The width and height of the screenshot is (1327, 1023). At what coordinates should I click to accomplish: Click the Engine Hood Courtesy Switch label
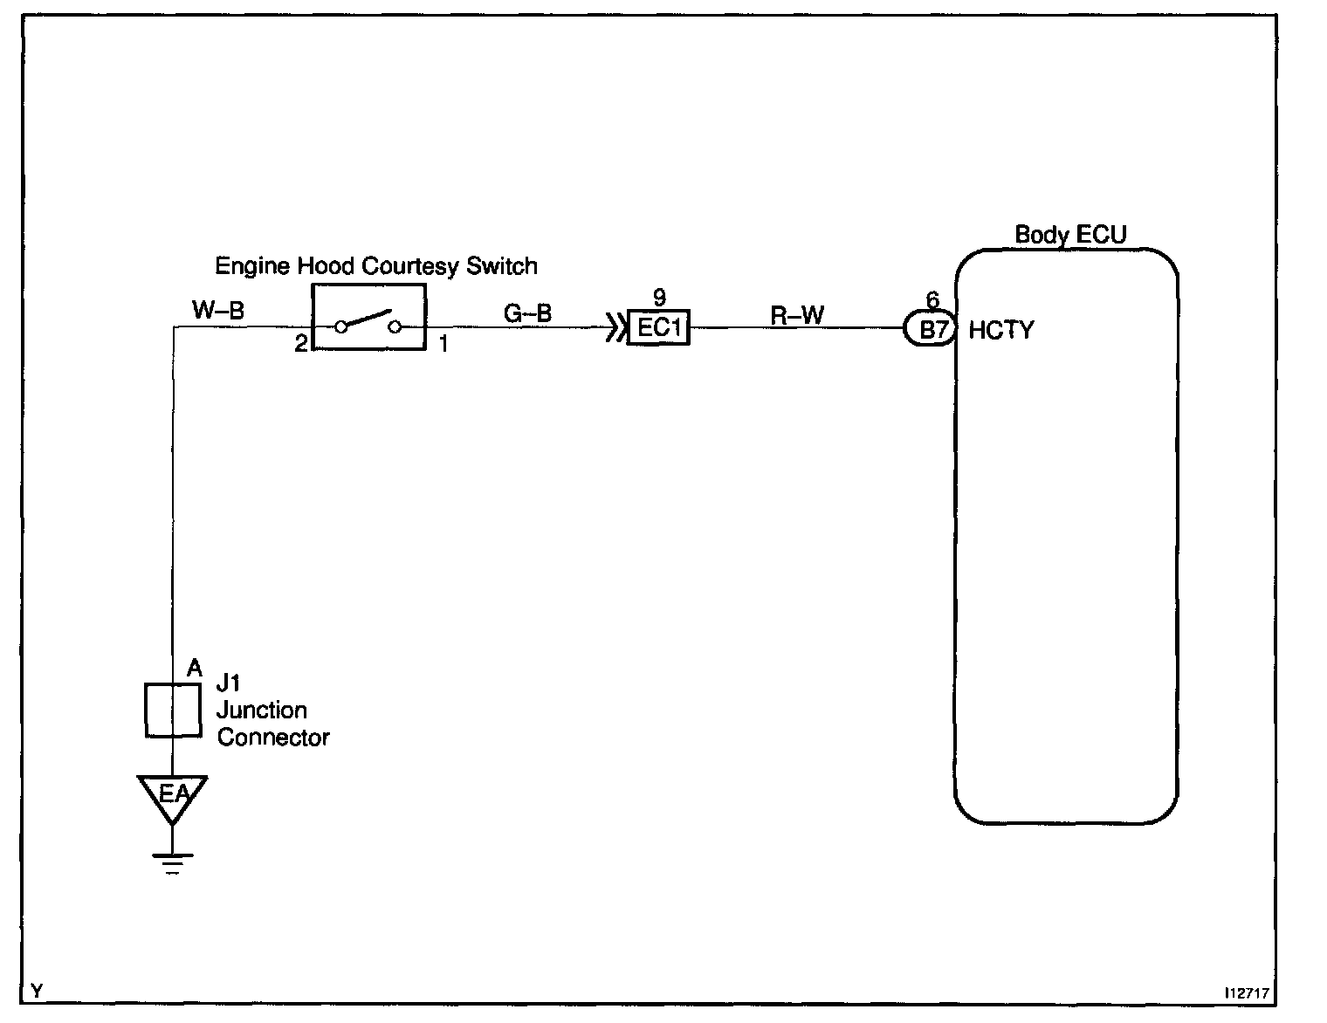(376, 265)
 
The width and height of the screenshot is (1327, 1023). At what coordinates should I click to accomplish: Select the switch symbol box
(368, 317)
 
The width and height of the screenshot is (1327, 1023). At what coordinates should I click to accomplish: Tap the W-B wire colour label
(217, 310)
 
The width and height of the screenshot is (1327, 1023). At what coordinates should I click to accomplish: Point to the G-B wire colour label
(527, 312)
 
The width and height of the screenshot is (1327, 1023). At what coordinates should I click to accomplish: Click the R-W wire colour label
(796, 314)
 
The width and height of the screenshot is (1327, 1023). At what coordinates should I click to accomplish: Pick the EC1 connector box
(658, 329)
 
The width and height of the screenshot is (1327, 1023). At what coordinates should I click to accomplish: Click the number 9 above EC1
(659, 299)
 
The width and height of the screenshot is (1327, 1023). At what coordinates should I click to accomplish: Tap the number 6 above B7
(932, 301)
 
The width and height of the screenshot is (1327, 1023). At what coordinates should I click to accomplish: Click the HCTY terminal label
(1000, 330)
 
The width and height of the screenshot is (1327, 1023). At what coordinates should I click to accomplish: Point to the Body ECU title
(1069, 234)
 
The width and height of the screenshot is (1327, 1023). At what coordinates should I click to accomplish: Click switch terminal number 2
(300, 344)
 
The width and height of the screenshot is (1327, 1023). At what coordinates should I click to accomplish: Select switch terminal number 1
(443, 344)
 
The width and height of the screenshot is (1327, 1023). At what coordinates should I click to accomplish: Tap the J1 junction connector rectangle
(172, 710)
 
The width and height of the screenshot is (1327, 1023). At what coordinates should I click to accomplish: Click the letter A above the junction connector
(195, 669)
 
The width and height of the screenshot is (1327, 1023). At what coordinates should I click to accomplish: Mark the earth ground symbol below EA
(172, 862)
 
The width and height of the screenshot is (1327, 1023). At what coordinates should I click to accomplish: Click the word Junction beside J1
(261, 710)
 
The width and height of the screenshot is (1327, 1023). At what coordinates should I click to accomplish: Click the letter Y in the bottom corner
(36, 991)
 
